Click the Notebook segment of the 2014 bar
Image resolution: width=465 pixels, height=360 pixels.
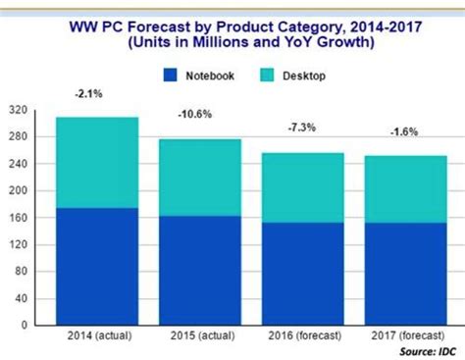click(96, 265)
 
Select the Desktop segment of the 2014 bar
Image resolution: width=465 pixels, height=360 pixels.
click(96, 162)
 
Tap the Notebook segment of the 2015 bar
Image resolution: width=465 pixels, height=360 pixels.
click(199, 270)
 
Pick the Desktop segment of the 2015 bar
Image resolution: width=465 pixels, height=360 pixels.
click(199, 178)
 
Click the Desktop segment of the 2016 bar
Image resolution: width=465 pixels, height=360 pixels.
click(302, 187)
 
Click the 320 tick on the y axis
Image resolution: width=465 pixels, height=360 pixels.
click(18, 110)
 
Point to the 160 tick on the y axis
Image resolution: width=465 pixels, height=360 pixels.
click(18, 217)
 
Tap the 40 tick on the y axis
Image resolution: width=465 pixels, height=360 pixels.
click(21, 296)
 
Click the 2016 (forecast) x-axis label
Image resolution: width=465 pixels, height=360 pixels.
click(301, 336)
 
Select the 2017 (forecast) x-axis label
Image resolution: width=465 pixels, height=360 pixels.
click(403, 336)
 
